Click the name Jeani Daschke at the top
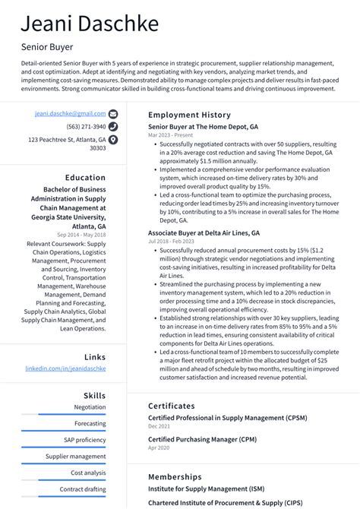tap(90, 24)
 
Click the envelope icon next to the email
tap(113, 113)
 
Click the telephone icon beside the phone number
tap(113, 126)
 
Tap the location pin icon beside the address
tap(113, 140)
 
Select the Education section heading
tap(85, 178)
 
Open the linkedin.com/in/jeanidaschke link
tap(65, 368)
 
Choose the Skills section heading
tap(94, 396)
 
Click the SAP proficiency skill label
tap(85, 440)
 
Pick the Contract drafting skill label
tap(83, 489)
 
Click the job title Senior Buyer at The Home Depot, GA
tap(203, 127)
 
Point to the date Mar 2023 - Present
tap(169, 135)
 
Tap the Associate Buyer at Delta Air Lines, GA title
tap(204, 233)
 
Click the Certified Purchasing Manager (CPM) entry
tap(202, 439)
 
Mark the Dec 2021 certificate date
tap(159, 426)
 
